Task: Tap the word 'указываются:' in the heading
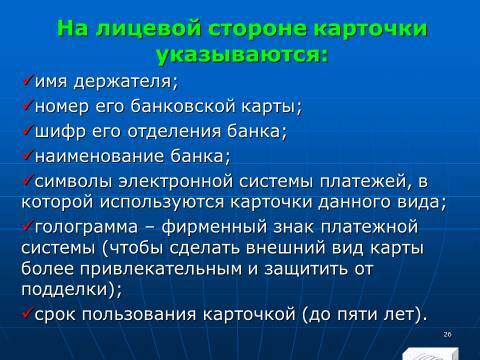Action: coord(240,54)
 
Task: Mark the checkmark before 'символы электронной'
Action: coord(27,179)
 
